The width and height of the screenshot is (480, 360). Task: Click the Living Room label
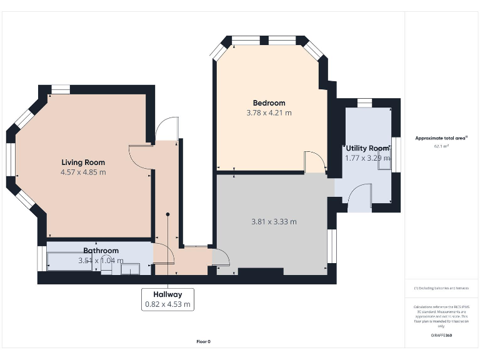tap(82, 162)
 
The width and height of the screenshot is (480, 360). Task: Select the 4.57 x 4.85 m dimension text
tap(82, 172)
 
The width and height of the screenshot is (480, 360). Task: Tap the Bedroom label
tap(269, 103)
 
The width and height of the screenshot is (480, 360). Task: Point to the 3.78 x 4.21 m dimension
tap(269, 113)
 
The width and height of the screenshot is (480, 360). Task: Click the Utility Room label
tap(367, 148)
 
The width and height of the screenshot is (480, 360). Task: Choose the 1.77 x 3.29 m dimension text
tap(367, 158)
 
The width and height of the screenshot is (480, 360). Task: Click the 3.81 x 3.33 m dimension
tap(273, 221)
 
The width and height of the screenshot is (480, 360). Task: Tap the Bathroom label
tap(101, 251)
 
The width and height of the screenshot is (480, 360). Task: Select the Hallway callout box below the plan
tap(167, 299)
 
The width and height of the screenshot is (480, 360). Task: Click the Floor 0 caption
tap(204, 341)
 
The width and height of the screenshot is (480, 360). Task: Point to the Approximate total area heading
tap(441, 138)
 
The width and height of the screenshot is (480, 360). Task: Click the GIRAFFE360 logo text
tap(441, 336)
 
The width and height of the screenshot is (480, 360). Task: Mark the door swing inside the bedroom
tap(315, 162)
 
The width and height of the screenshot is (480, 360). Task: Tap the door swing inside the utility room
tap(361, 199)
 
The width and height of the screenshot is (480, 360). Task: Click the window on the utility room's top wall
tap(364, 102)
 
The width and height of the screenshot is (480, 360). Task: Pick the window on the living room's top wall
tap(61, 89)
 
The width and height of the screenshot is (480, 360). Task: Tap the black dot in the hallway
tap(167, 215)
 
